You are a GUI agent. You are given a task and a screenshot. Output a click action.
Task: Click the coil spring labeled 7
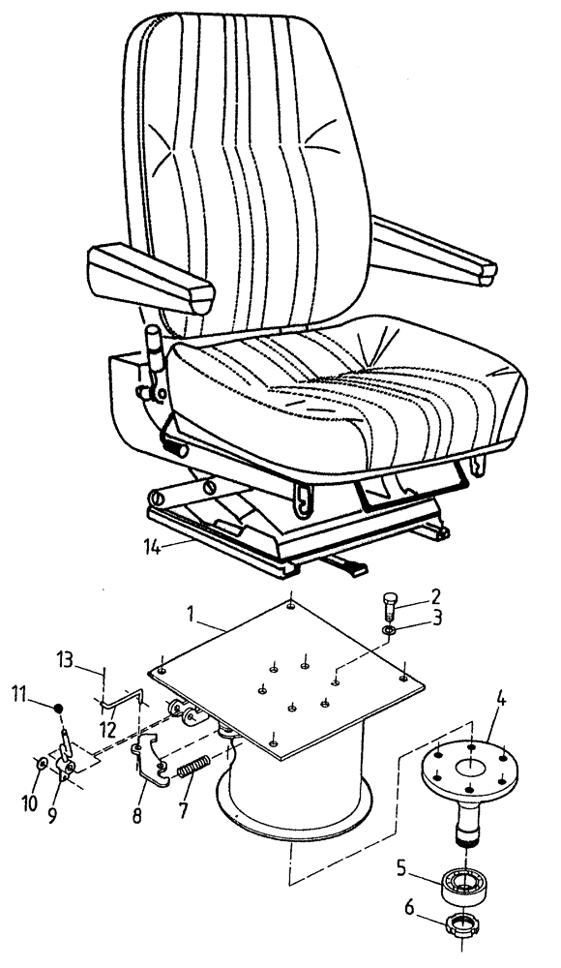[197, 769]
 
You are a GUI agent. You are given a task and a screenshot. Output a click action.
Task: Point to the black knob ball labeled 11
[60, 709]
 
